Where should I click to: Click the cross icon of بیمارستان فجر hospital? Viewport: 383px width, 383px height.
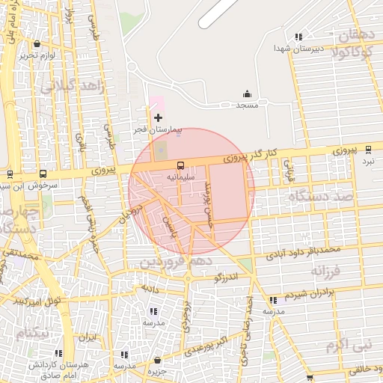[158, 118]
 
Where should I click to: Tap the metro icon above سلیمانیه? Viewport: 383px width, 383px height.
[180, 165]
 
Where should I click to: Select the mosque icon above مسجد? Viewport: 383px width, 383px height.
[247, 94]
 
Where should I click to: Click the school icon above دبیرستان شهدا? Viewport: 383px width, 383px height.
[299, 37]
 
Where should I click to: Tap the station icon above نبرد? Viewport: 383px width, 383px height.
[368, 150]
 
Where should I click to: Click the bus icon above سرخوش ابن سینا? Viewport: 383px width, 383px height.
[41, 174]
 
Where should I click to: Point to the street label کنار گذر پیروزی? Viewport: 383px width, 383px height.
[251, 156]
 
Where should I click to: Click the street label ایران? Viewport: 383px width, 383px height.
[90, 338]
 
